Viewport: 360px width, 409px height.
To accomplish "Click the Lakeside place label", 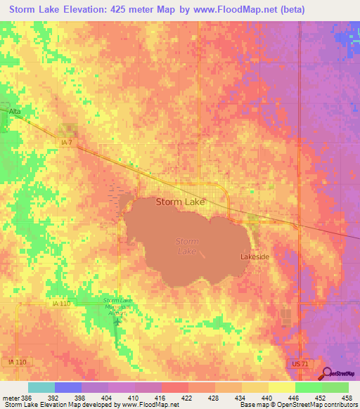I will click(255, 257).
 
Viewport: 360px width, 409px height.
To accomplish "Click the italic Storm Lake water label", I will click(186, 246).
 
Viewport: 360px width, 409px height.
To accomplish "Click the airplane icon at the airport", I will click(117, 322).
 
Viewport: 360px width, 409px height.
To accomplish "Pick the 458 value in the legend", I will click(347, 397).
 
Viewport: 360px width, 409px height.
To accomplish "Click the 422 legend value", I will click(187, 397).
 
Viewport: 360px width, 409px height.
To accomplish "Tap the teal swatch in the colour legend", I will click(41, 387).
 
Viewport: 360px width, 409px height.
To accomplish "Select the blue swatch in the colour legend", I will click(67, 387).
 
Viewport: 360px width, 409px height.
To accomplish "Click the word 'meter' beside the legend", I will click(10, 397).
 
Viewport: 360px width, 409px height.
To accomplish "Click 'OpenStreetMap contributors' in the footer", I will click(323, 405).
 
